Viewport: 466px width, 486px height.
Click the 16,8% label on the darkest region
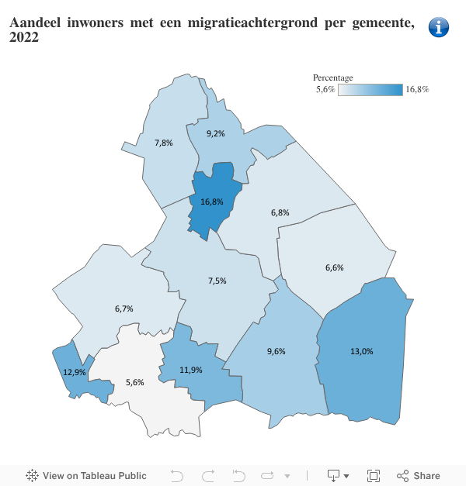click(x=211, y=202)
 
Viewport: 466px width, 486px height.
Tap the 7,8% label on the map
click(x=164, y=143)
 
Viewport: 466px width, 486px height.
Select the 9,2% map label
click(x=215, y=133)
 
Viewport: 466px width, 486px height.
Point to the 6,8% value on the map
click(x=280, y=212)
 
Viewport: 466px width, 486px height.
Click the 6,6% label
click(x=334, y=267)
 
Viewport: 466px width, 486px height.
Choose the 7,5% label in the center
click(x=217, y=281)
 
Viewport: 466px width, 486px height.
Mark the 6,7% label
click(x=124, y=308)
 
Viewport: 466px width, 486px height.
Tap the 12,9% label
click(x=75, y=372)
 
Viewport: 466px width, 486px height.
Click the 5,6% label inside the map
click(x=134, y=382)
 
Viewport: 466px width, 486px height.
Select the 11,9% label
click(x=191, y=370)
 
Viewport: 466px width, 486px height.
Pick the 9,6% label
click(x=276, y=351)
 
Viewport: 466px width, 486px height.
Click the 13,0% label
click(x=361, y=351)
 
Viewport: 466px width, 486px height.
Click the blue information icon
click(x=439, y=27)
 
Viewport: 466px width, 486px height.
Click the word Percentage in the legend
click(x=332, y=78)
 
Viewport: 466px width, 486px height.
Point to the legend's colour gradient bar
click(x=370, y=90)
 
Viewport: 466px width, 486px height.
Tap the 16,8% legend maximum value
click(x=417, y=90)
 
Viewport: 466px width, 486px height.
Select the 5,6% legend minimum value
click(x=325, y=90)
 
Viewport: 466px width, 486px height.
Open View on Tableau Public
click(x=86, y=476)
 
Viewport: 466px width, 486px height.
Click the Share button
click(x=419, y=476)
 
